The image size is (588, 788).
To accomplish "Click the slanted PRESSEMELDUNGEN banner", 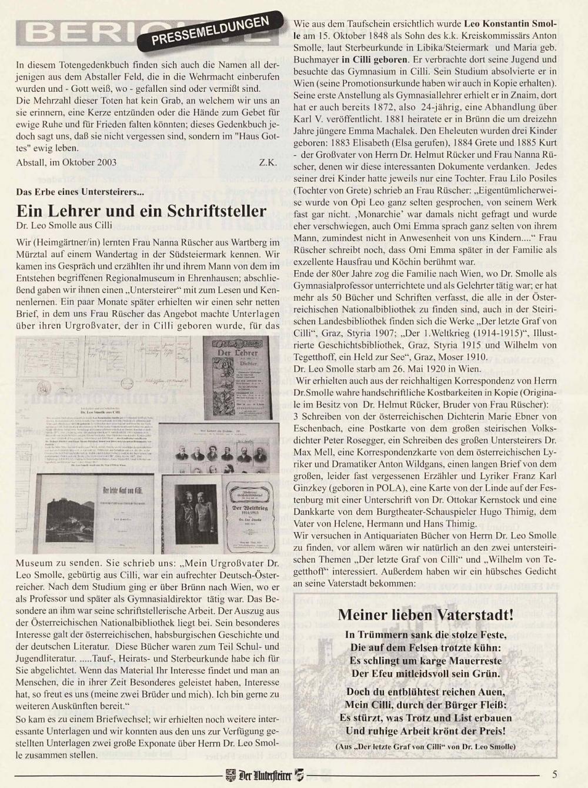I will coord(210,30).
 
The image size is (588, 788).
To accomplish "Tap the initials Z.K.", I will coord(268,162).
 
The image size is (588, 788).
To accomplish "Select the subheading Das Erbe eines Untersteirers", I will coord(80,192).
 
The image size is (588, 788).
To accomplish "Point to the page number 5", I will coord(555,774).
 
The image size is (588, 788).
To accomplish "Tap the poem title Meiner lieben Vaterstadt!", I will coord(425,615).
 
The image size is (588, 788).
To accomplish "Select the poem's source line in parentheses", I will coord(425,746).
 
